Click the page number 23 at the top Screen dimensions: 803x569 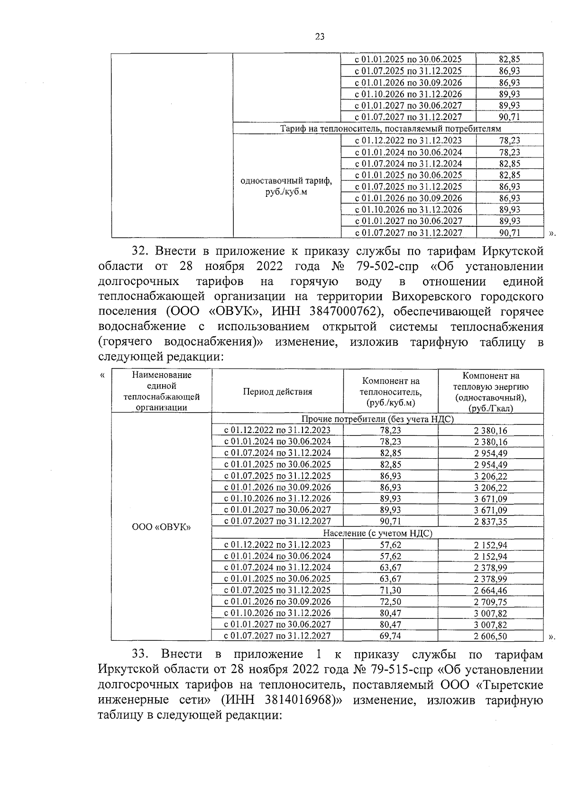pyautogui.click(x=319, y=37)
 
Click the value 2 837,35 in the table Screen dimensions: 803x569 pyautogui.click(x=490, y=522)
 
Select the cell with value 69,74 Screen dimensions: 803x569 pyautogui.click(x=390, y=636)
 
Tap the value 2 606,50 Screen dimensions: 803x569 pyautogui.click(x=490, y=637)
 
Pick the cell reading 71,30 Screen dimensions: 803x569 pyautogui.click(x=390, y=591)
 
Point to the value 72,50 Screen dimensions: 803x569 pyautogui.click(x=390, y=602)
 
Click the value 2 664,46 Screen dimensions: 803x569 pyautogui.click(x=490, y=591)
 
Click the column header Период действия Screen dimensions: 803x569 pyautogui.click(x=277, y=392)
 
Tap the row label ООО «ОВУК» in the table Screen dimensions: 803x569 pyautogui.click(x=161, y=527)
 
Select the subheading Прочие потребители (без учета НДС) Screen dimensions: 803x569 pyautogui.click(x=377, y=419)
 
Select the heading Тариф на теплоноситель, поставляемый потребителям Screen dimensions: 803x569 pyautogui.click(x=390, y=129)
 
